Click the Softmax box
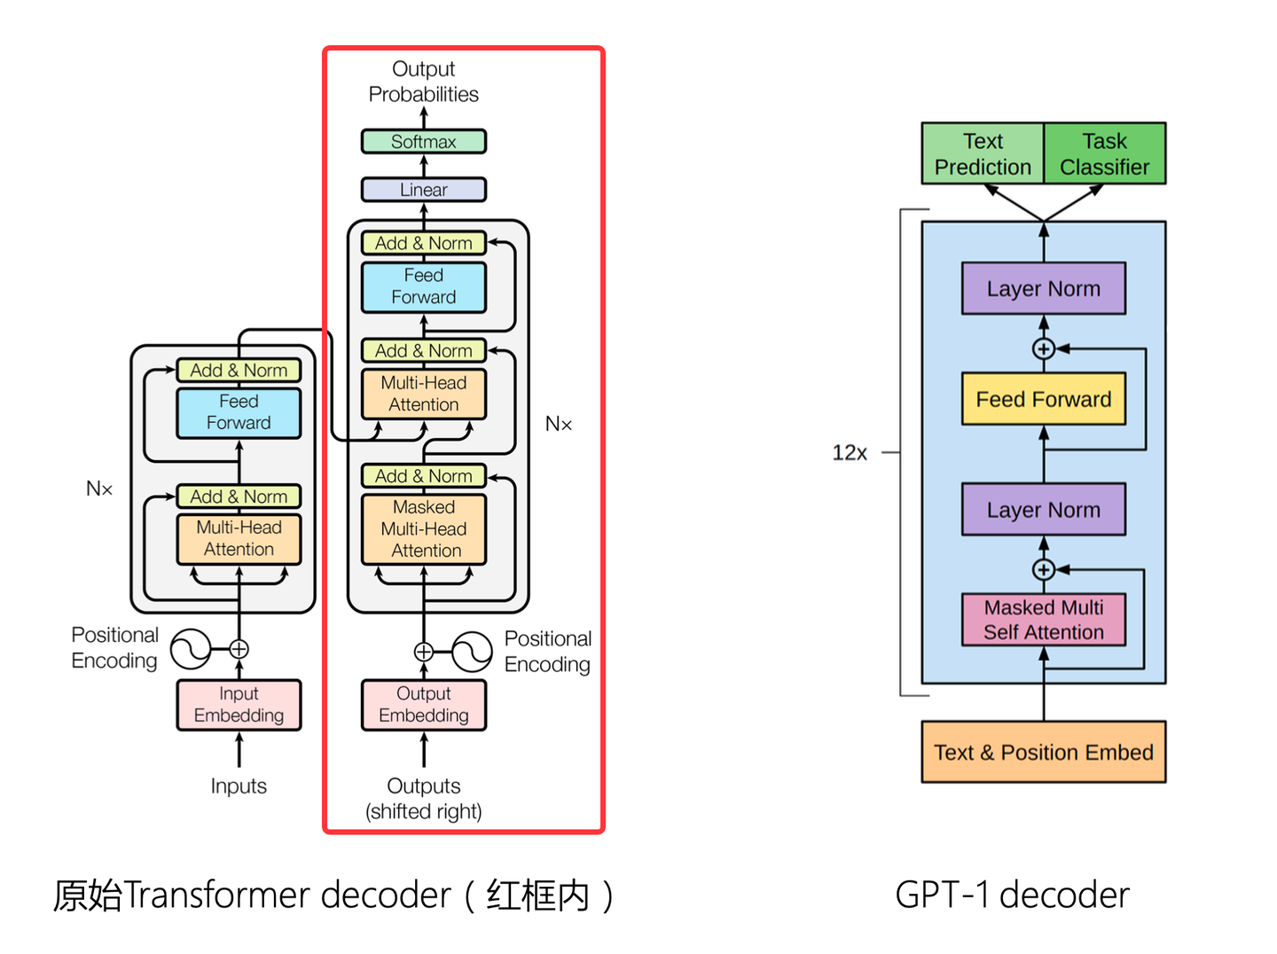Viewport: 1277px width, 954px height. (423, 142)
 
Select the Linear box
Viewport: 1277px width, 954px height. (423, 190)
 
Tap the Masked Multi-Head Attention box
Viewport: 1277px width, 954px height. (423, 529)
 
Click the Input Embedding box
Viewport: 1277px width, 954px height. (239, 705)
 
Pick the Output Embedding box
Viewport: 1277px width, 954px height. (423, 705)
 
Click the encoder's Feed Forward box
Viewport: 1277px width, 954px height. (239, 413)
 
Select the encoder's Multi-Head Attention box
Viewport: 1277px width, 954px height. (239, 539)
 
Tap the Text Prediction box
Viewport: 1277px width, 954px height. (983, 154)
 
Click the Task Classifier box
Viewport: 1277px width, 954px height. (1104, 154)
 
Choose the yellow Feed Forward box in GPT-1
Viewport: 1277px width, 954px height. (1043, 399)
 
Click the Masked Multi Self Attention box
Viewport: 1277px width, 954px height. (1043, 620)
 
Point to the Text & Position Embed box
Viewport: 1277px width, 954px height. (1043, 752)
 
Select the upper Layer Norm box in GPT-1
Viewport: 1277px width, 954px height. (1043, 289)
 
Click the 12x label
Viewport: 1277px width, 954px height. (849, 453)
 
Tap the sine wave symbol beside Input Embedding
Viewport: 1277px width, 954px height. (190, 649)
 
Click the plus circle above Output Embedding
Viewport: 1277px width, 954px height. (424, 653)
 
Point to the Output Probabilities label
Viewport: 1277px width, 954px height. (423, 82)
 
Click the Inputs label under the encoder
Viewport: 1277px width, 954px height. (239, 786)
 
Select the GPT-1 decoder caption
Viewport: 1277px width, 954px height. (1012, 895)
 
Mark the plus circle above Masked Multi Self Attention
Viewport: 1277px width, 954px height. (1044, 570)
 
